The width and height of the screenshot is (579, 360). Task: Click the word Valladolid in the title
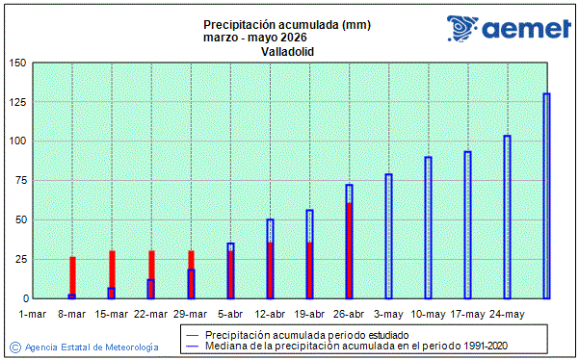pyautogui.click(x=288, y=51)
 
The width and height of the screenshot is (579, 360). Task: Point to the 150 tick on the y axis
pyautogui.click(x=18, y=64)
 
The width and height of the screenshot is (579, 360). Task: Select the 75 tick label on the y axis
pyautogui.click(x=20, y=181)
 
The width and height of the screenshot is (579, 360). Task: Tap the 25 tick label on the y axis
pyautogui.click(x=20, y=259)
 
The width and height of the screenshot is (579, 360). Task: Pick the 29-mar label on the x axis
pyautogui.click(x=191, y=314)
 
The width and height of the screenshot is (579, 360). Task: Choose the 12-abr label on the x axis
pyautogui.click(x=270, y=314)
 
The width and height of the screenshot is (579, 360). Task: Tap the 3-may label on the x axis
pyautogui.click(x=388, y=314)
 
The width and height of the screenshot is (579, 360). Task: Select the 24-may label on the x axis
pyautogui.click(x=507, y=314)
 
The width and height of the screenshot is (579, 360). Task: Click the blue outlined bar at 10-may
pyautogui.click(x=428, y=227)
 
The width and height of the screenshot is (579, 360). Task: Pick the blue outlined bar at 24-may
pyautogui.click(x=507, y=217)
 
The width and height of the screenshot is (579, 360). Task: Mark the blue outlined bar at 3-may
pyautogui.click(x=388, y=236)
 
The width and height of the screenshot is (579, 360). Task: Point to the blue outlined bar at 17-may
pyautogui.click(x=467, y=224)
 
